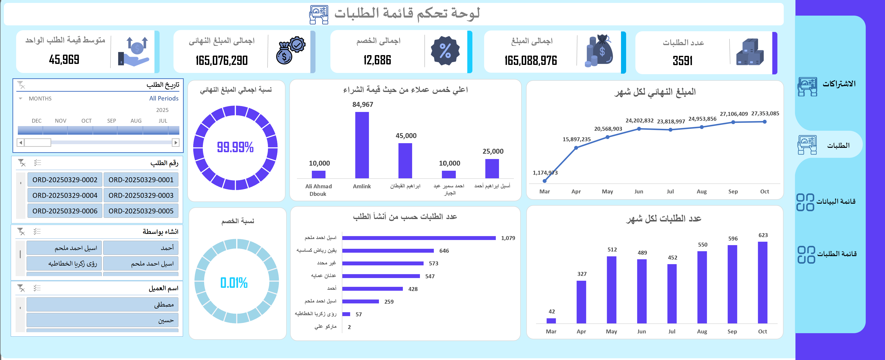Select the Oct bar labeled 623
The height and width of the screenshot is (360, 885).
coord(762,282)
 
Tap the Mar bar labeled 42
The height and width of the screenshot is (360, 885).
coord(551,320)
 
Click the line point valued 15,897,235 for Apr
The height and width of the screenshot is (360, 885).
coord(576,148)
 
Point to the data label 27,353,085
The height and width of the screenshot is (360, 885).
coord(765,114)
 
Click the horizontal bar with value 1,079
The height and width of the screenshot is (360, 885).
coord(418,238)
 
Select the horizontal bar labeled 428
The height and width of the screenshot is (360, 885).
coord(372,289)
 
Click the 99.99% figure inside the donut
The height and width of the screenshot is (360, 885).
coord(235,147)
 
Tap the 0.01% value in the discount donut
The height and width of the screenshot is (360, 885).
coord(234,283)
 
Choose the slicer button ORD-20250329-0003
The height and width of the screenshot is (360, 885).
coord(141,195)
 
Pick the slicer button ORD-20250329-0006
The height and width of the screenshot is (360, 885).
coord(65,211)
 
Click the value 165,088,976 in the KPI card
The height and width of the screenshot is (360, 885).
coord(530,61)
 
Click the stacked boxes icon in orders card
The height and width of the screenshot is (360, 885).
coord(750,52)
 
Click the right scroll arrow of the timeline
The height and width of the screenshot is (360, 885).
coord(175,142)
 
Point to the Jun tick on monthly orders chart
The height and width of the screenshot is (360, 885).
coord(641,331)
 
